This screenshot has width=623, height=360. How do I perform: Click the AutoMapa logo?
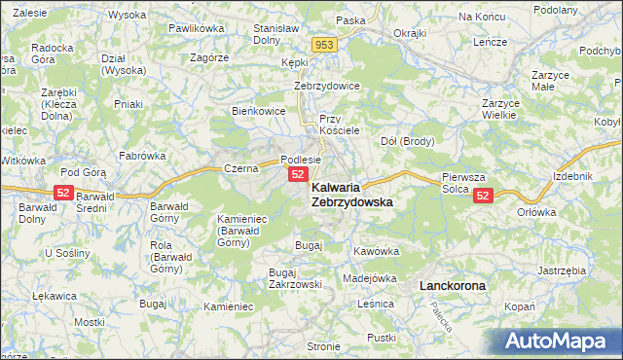click(563, 342)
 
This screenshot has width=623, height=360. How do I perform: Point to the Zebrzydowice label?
click(327, 86)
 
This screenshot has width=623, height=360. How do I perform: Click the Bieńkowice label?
click(257, 111)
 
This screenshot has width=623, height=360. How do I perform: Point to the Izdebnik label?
click(570, 175)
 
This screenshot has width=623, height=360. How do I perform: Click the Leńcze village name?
click(492, 44)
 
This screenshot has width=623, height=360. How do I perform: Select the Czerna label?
click(239, 168)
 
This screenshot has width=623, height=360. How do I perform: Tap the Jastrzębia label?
click(561, 270)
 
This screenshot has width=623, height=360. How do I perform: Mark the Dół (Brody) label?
click(406, 140)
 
